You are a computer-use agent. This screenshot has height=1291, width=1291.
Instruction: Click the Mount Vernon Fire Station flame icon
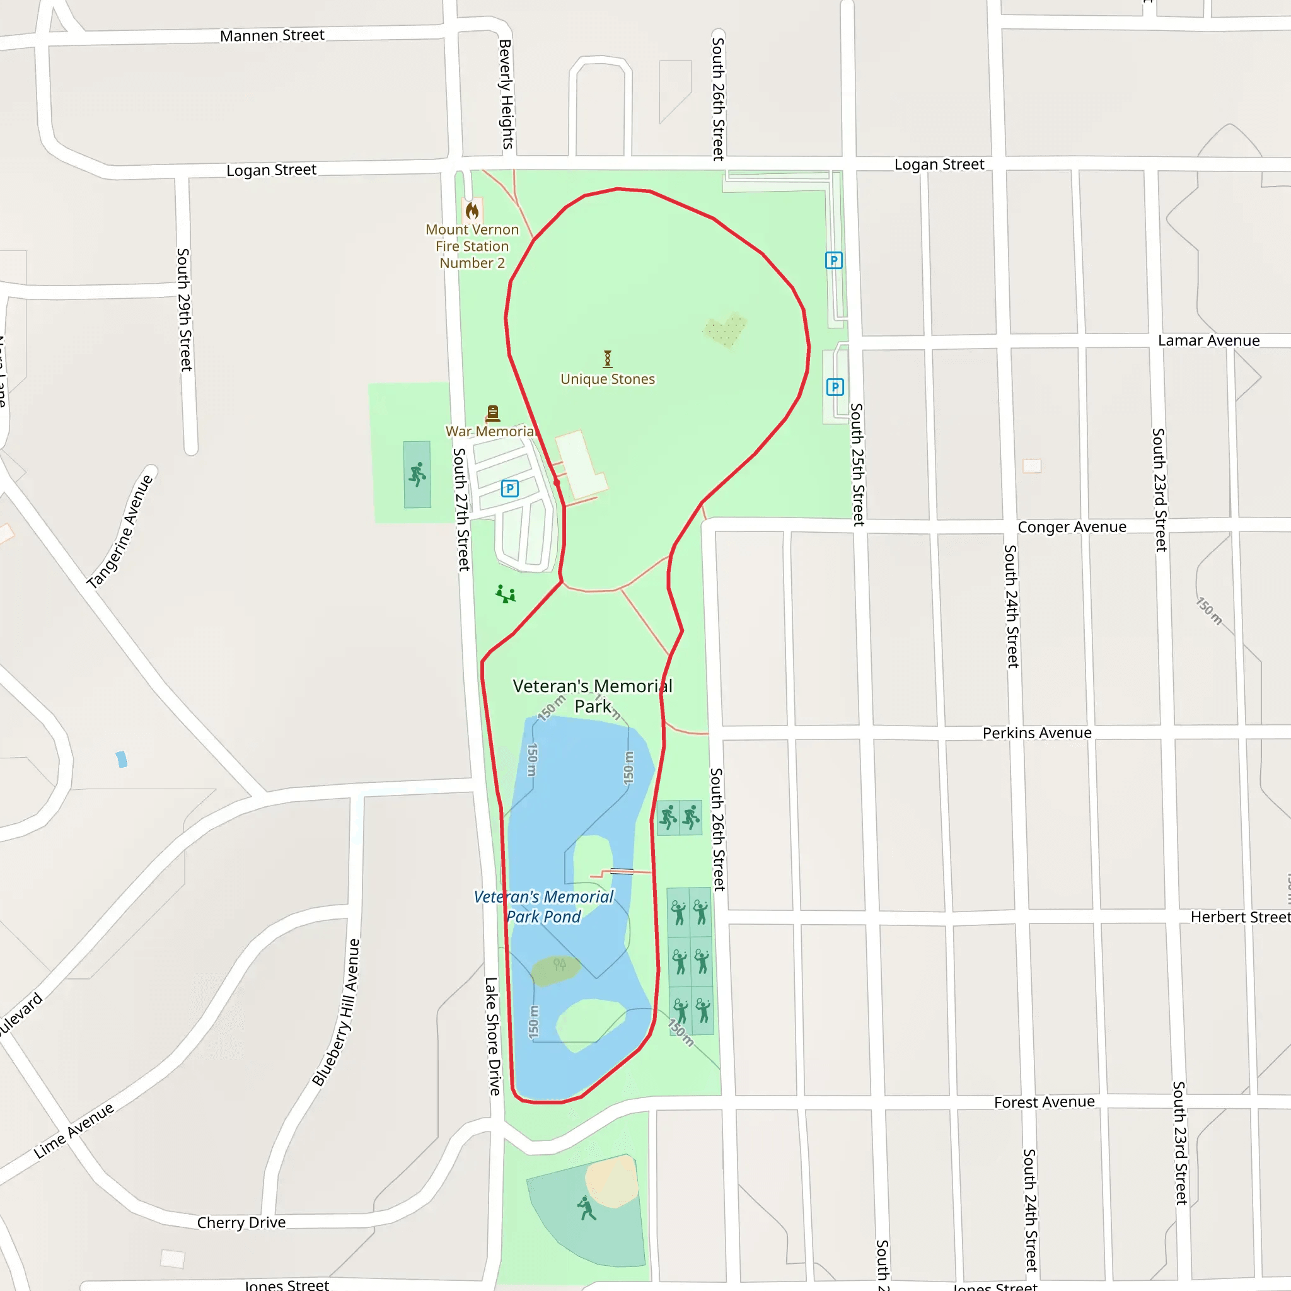[472, 211]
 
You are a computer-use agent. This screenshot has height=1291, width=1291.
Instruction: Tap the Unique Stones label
[608, 379]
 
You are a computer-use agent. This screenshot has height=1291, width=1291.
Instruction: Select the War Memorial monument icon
[492, 413]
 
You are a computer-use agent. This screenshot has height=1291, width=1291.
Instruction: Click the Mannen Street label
[272, 35]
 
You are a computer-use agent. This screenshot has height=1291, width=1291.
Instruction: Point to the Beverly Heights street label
[506, 93]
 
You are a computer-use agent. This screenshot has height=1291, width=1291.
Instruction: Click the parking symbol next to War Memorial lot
[510, 489]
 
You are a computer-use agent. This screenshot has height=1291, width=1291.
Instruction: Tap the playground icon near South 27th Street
[506, 593]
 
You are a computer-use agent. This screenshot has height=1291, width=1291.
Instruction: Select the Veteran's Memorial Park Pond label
[544, 906]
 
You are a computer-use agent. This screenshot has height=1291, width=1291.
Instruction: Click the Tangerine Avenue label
[120, 531]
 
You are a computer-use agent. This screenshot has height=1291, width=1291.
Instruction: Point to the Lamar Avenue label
[1208, 341]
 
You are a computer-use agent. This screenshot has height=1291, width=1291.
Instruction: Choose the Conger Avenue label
[1072, 527]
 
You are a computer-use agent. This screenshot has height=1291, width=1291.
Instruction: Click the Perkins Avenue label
[1037, 733]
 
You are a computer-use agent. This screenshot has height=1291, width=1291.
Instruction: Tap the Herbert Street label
[1239, 917]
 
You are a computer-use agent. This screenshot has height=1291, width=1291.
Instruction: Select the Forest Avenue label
[1045, 1102]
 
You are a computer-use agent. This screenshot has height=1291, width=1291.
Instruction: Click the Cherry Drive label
[241, 1222]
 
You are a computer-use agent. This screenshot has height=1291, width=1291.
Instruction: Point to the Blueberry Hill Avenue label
[336, 1013]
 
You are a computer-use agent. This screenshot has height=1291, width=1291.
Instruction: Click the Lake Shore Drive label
[492, 1036]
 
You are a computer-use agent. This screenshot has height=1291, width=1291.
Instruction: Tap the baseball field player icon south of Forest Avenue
[587, 1208]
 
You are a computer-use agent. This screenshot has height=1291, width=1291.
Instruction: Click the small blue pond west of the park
[122, 759]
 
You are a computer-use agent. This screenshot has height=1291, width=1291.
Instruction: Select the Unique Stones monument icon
[608, 359]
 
